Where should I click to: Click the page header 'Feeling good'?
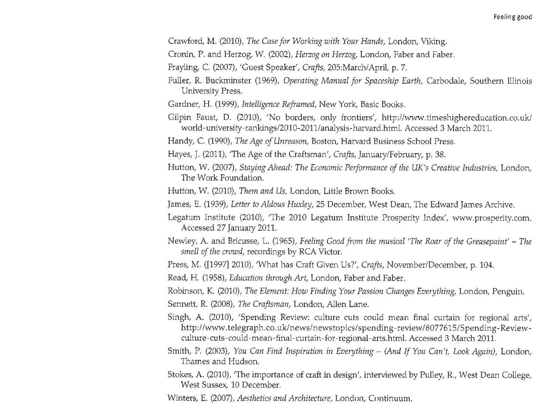tap(513, 17)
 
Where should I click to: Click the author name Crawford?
tap(184, 42)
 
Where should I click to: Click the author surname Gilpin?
tap(179, 118)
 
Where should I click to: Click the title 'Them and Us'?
tap(260, 191)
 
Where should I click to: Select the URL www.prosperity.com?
tap(491, 218)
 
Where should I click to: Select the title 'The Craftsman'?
tap(263, 304)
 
